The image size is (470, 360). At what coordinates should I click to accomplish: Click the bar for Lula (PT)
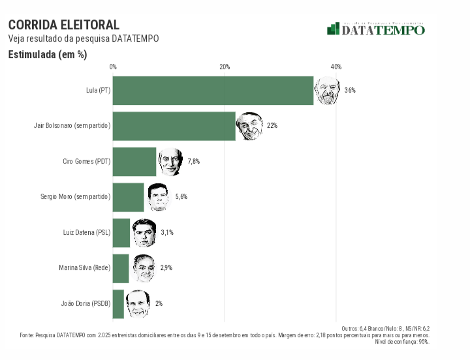point(213,91)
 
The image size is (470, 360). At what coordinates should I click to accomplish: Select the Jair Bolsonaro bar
point(174,126)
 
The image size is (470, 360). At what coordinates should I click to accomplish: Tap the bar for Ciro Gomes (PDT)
point(134,162)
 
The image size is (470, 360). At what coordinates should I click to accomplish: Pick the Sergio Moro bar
point(128,197)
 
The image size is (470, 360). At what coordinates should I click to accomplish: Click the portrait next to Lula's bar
point(327,91)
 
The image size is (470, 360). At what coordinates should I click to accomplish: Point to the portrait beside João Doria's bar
point(137,303)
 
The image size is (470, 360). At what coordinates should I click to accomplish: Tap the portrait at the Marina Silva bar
point(143,268)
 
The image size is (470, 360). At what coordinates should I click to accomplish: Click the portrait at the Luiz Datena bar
point(144,233)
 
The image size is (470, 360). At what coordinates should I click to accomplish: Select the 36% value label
point(350,91)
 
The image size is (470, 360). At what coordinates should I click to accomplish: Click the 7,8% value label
point(193,162)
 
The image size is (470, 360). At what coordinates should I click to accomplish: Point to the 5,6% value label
point(181,197)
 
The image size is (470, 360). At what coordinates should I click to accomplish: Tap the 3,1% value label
point(167,233)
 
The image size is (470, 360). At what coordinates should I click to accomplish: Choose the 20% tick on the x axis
point(225,67)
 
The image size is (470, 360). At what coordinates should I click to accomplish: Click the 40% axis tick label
point(336,67)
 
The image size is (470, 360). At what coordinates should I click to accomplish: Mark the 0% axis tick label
point(113,67)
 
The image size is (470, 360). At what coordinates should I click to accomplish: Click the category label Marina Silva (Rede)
point(84,268)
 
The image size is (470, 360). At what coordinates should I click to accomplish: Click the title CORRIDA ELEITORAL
point(64,25)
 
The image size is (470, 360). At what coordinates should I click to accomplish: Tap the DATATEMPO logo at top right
point(376,29)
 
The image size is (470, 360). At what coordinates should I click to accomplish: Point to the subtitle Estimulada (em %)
point(48,55)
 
